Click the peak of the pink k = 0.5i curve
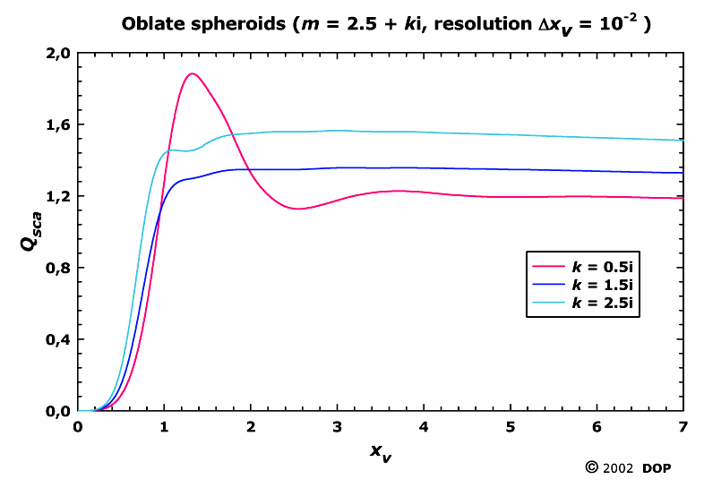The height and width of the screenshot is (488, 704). (192, 73)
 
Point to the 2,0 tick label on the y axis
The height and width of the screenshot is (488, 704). (58, 53)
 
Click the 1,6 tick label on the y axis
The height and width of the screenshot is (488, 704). (58, 124)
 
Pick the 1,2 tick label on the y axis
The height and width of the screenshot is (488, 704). (58, 196)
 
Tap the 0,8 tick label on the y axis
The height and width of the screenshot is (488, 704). (58, 268)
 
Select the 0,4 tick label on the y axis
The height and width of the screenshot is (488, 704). (58, 339)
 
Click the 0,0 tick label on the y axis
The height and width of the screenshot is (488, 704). (58, 411)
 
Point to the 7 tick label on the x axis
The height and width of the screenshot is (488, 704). (683, 426)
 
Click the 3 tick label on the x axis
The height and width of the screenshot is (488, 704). (338, 426)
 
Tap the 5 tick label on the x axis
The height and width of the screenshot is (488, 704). (511, 426)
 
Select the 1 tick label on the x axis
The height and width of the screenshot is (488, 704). (165, 426)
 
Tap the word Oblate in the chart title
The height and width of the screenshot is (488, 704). (150, 23)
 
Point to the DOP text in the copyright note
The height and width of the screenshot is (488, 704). (657, 468)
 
